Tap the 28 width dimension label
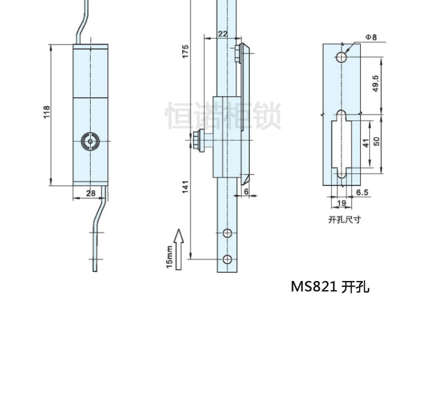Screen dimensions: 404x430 [91, 193]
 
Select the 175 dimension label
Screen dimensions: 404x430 [185, 52]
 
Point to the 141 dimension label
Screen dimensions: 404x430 [185, 187]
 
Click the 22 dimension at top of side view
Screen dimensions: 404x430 [222, 35]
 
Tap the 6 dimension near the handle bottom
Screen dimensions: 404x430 [246, 193]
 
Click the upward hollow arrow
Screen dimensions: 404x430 [178, 249]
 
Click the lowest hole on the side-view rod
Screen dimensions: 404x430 [227, 259]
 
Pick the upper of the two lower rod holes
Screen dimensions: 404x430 [227, 233]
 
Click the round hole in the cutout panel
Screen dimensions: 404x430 [341, 57]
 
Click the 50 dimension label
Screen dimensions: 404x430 [377, 141]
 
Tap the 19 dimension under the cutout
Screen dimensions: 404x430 [341, 203]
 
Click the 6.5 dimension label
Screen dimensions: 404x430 [362, 193]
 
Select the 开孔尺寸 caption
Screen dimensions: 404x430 [345, 219]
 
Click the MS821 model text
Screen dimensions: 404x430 [314, 286]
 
